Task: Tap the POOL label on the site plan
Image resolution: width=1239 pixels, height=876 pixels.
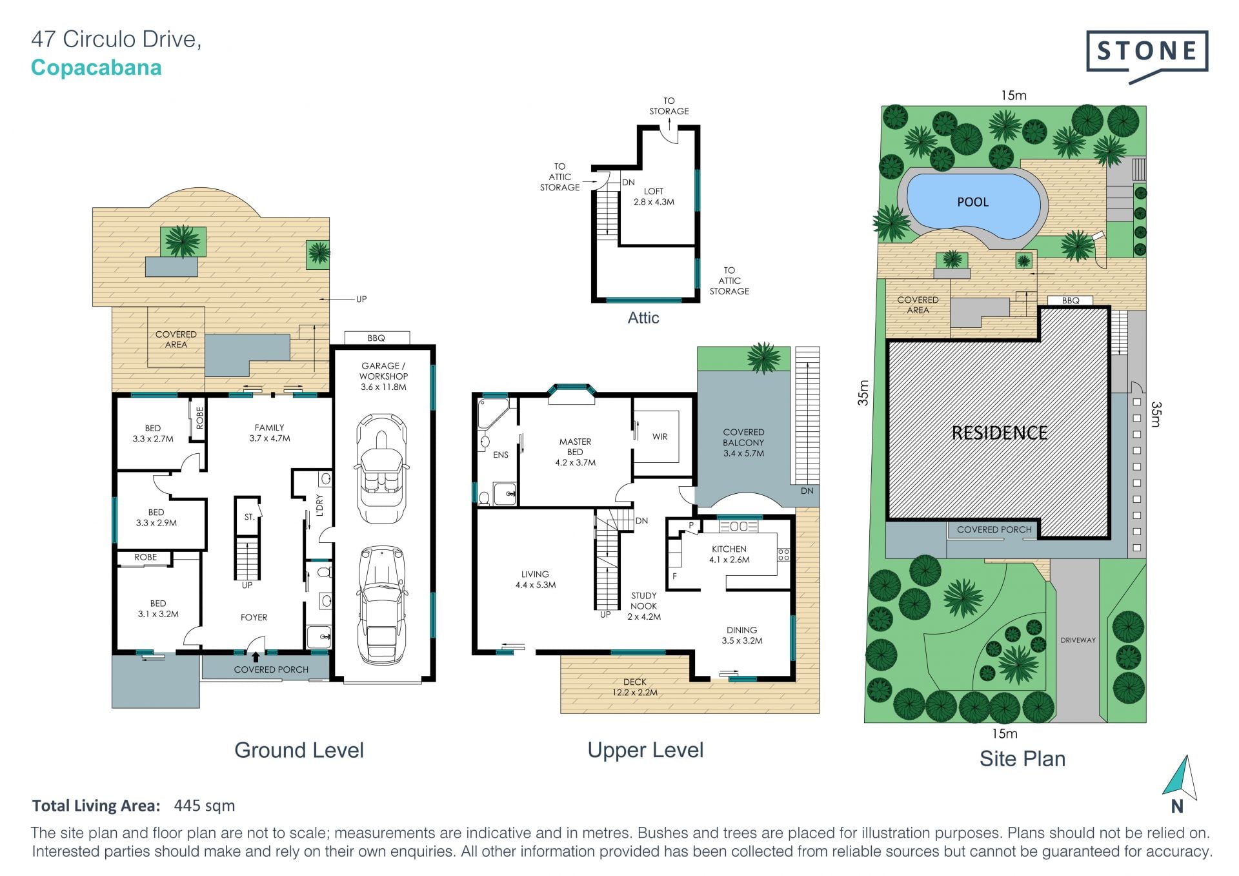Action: [x=972, y=202]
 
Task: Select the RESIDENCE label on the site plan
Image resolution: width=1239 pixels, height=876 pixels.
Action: [x=1000, y=433]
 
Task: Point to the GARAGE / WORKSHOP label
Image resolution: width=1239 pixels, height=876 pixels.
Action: [x=383, y=376]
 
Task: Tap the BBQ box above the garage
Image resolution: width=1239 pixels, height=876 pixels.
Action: [x=377, y=338]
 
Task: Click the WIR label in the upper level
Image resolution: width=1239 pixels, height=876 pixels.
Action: [x=660, y=436]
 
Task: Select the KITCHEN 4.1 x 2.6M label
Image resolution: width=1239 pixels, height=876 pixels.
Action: [x=729, y=554]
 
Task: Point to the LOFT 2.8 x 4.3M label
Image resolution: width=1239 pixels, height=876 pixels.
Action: [x=654, y=196]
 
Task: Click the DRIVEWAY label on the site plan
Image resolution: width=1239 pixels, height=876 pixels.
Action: [x=1078, y=640]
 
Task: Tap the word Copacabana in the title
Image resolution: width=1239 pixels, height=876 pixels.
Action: [x=96, y=68]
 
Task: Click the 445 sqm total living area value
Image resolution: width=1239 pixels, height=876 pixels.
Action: [x=205, y=806]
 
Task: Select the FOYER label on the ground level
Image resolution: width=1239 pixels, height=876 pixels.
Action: [x=254, y=617]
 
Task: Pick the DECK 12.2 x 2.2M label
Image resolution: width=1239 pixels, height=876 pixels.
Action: [x=635, y=687]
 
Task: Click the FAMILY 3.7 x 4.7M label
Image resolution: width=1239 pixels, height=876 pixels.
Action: [x=270, y=433]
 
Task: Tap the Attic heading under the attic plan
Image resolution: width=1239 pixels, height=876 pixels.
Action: [x=643, y=318]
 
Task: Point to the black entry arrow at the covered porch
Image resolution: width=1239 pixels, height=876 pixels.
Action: [x=256, y=657]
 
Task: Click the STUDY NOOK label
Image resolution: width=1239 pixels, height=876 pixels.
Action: [x=644, y=606]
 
